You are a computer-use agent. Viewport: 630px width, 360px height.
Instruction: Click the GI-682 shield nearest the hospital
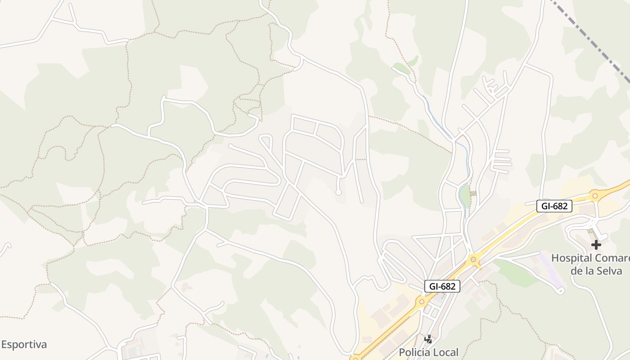click(x=554, y=206)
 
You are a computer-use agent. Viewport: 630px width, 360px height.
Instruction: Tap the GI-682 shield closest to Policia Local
click(x=442, y=286)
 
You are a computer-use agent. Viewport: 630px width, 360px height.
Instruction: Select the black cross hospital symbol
click(x=596, y=245)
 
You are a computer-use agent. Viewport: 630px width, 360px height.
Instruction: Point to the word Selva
click(x=609, y=271)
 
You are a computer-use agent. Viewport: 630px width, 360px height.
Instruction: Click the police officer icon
click(x=428, y=339)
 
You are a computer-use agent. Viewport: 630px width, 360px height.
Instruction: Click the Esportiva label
click(x=23, y=345)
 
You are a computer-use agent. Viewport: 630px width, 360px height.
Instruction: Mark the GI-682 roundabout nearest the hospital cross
click(x=595, y=195)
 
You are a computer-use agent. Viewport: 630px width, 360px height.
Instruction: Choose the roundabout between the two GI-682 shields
click(x=473, y=259)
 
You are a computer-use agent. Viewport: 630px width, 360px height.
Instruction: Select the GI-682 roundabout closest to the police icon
click(x=422, y=301)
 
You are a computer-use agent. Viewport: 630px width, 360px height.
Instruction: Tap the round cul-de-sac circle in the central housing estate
click(x=338, y=193)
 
